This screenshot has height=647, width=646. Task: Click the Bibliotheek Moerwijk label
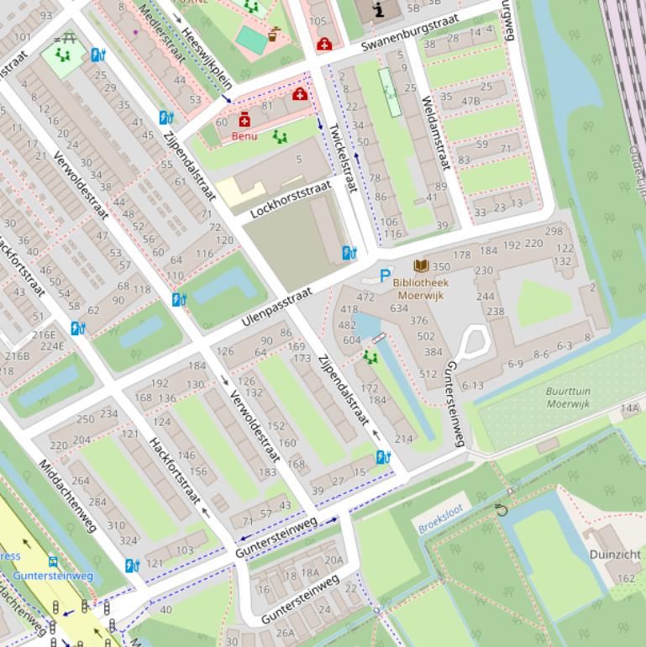(420, 288)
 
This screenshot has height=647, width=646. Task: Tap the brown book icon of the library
(419, 266)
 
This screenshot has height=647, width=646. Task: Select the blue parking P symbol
(385, 276)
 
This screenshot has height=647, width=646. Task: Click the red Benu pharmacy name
(244, 136)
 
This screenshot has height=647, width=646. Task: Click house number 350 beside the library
(441, 266)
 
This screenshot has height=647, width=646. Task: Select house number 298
(554, 231)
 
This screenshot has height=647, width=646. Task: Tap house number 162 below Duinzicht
(626, 578)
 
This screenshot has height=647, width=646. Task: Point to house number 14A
(630, 408)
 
